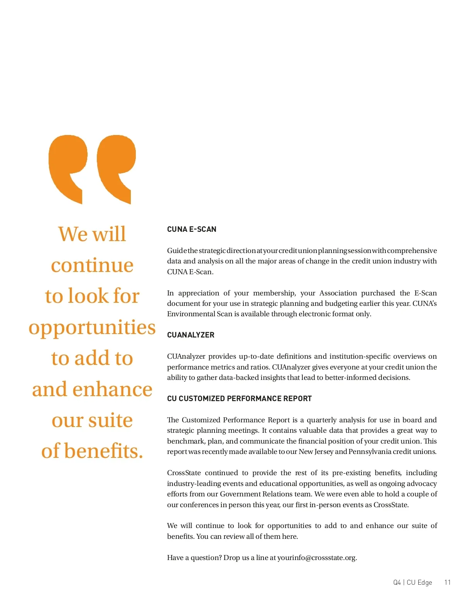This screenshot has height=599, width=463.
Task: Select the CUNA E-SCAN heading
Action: point(191,229)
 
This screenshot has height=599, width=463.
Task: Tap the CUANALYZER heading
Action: point(191,335)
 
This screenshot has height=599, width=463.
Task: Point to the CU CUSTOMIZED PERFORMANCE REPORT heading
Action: point(239,398)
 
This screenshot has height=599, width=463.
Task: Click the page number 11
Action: point(447,582)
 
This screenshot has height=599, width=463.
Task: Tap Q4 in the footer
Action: point(397,582)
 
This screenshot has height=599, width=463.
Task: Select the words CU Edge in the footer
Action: point(419,582)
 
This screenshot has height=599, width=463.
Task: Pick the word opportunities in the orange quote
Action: point(92,327)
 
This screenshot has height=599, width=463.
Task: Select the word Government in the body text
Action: point(240,494)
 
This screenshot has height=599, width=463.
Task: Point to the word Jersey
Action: point(324,452)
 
